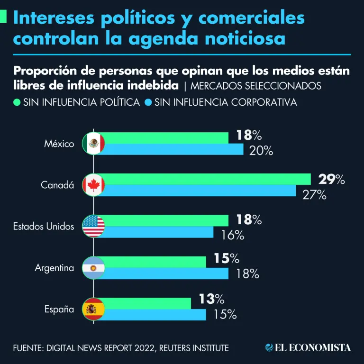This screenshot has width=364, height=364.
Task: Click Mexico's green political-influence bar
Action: (x=166, y=137)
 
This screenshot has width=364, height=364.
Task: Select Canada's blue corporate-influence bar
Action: (x=199, y=191)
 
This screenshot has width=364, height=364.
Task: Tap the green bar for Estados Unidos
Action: (x=166, y=220)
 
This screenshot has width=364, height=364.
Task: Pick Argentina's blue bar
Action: (x=166, y=273)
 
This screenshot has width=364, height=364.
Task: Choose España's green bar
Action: (x=147, y=303)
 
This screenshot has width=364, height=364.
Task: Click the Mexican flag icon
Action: (x=93, y=143)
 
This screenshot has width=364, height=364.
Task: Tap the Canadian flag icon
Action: (x=93, y=185)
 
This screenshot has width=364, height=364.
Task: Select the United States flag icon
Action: (x=93, y=226)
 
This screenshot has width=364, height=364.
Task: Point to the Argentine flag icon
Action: (x=93, y=268)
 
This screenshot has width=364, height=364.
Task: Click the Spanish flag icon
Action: (x=93, y=309)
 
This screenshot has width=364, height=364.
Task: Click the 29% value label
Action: (x=331, y=179)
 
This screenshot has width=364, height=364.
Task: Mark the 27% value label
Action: (x=314, y=194)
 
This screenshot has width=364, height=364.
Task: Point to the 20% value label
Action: (x=261, y=151)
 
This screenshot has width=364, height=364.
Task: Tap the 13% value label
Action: (x=210, y=299)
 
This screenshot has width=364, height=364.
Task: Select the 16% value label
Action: (x=232, y=235)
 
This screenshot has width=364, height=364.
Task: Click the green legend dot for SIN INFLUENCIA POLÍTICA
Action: (x=17, y=102)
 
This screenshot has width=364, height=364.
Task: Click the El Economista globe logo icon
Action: (x=269, y=348)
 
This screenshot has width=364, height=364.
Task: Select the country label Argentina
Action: (x=55, y=268)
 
